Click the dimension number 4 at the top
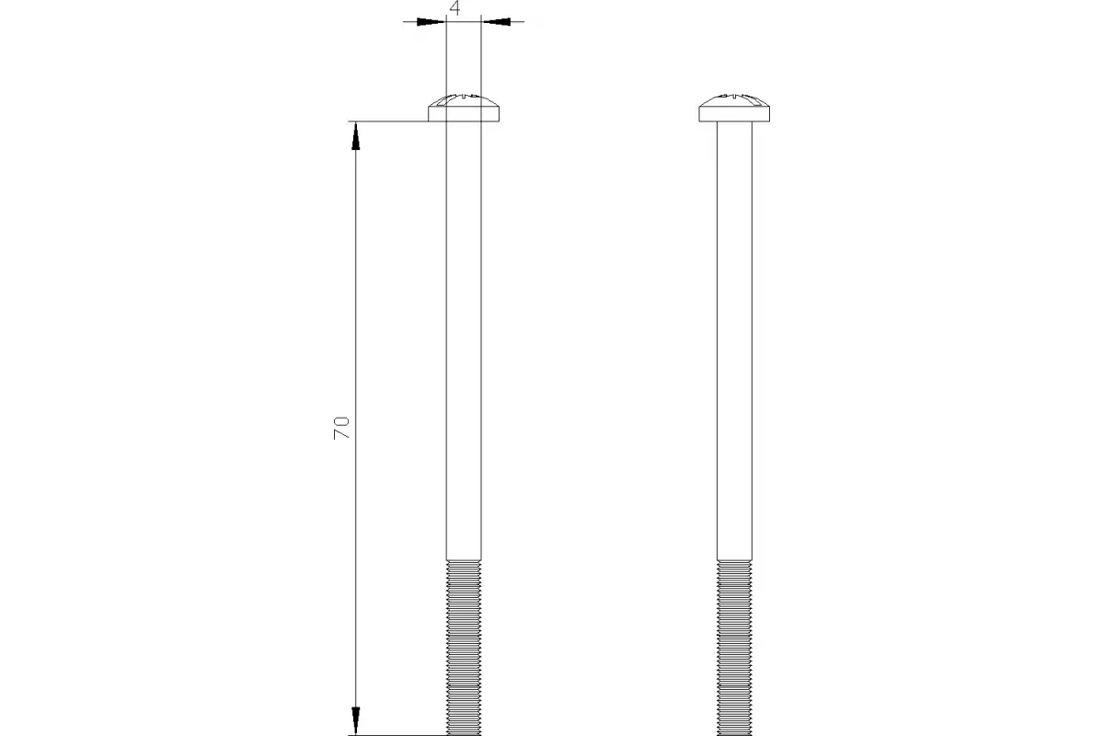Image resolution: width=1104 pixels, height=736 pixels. (x=454, y=8)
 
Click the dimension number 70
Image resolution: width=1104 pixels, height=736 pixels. (x=341, y=428)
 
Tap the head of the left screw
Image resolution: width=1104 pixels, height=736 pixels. (x=464, y=108)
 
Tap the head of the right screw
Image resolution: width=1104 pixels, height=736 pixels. (x=734, y=108)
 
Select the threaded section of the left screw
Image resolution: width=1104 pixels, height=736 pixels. (x=464, y=648)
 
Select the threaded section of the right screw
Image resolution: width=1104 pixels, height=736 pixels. (x=734, y=648)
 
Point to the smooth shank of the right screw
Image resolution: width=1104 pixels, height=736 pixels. (x=734, y=340)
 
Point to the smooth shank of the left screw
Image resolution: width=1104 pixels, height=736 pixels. (x=464, y=340)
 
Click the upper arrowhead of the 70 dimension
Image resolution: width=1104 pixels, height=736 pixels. (x=355, y=135)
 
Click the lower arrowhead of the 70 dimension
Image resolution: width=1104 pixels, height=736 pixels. (x=355, y=720)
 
